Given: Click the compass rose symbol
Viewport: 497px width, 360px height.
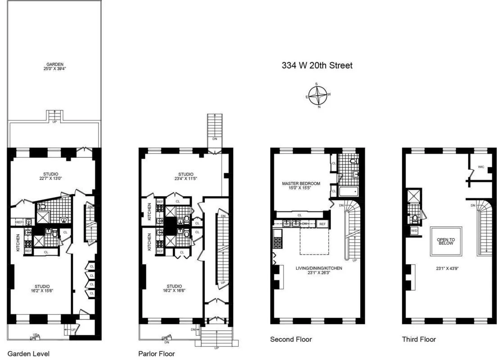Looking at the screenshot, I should (x=319, y=95).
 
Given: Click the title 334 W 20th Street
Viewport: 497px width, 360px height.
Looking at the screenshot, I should (x=317, y=66).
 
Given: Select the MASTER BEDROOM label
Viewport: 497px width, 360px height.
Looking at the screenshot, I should (x=301, y=186).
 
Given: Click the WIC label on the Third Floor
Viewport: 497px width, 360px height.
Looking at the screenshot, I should (x=481, y=166).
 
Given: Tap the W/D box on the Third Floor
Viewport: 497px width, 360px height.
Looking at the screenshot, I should (x=414, y=231).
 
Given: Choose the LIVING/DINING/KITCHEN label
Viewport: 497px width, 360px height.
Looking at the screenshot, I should (x=319, y=270).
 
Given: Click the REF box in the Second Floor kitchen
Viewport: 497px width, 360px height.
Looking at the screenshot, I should (x=322, y=224).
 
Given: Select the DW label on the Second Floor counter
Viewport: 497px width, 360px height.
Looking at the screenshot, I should (x=305, y=223).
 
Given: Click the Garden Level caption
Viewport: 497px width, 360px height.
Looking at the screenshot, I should (x=28, y=353).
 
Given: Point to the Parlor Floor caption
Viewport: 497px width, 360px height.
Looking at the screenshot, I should (x=157, y=353).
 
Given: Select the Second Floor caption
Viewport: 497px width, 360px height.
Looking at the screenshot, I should (x=291, y=339).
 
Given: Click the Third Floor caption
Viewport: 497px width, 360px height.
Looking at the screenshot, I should (x=419, y=339).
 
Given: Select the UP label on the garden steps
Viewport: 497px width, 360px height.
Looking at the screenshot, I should (x=55, y=121).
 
